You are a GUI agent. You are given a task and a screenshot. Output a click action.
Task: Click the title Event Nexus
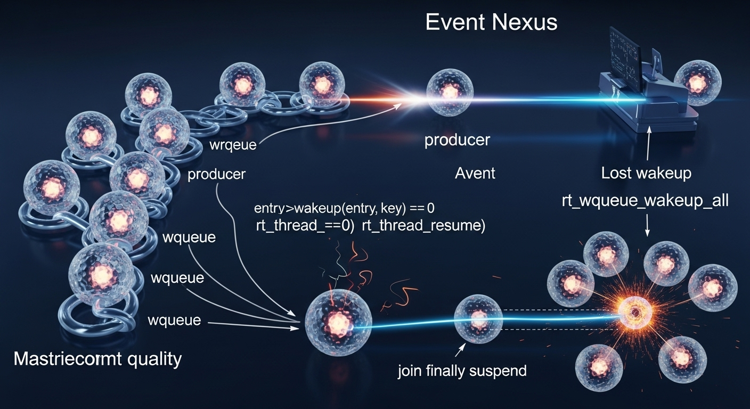click(491, 23)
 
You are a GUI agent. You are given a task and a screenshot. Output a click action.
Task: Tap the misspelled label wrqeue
click(233, 145)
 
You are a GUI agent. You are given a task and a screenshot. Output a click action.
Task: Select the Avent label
click(475, 173)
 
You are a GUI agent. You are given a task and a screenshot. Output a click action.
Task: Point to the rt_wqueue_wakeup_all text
click(645, 201)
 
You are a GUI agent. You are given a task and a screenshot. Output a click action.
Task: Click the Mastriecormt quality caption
click(97, 359)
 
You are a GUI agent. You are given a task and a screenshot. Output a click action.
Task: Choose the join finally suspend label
click(462, 370)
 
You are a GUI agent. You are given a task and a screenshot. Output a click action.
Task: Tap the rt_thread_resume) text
click(423, 225)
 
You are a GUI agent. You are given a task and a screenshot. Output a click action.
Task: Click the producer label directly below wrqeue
click(216, 174)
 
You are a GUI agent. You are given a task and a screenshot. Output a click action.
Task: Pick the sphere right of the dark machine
click(698, 83)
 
